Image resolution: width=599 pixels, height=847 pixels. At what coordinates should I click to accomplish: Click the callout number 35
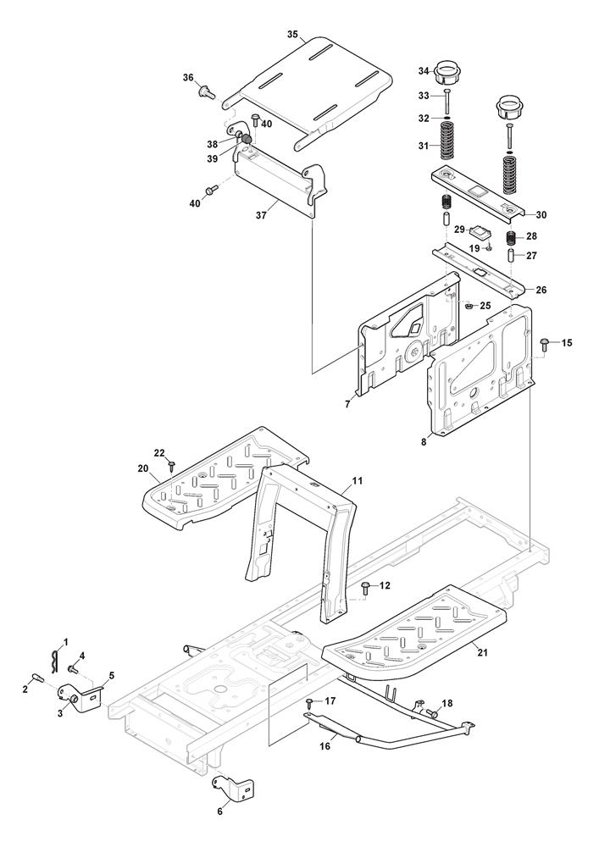(x=292, y=35)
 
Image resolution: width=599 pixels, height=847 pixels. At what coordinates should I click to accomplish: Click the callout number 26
(x=541, y=290)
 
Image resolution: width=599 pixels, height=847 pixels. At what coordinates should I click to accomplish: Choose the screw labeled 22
(x=172, y=464)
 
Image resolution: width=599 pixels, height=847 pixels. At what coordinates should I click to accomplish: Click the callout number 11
(x=358, y=481)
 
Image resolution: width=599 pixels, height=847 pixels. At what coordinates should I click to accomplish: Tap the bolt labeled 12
(x=365, y=585)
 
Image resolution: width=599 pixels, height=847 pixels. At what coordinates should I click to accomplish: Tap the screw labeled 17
(x=310, y=702)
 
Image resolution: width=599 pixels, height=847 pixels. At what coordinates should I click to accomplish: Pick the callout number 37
(x=262, y=216)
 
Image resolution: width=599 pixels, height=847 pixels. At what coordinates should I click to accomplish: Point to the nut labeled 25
(x=469, y=307)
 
